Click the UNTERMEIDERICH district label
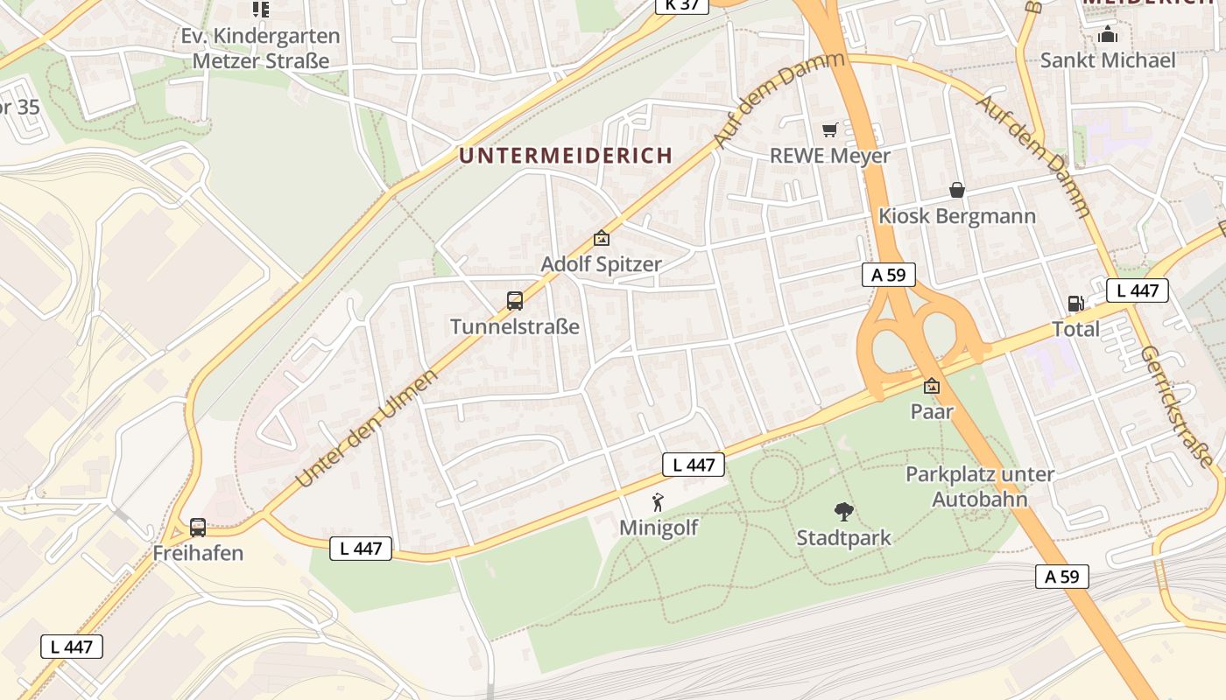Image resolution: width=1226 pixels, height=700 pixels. (x=566, y=156)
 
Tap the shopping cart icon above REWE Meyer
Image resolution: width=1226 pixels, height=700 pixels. (x=830, y=129)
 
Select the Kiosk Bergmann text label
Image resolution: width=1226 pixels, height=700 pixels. (x=957, y=216)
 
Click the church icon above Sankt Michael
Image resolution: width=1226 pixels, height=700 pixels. (x=1108, y=35)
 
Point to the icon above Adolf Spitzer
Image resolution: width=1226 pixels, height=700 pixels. (x=602, y=238)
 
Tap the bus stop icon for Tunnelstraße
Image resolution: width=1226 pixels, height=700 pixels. (x=515, y=301)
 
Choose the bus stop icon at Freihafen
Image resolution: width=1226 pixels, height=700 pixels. (x=198, y=528)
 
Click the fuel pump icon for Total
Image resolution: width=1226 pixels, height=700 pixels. (x=1075, y=304)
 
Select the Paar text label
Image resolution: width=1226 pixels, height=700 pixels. (x=932, y=411)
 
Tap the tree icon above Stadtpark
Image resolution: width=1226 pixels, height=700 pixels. (x=843, y=512)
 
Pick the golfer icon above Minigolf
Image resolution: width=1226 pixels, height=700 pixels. (x=659, y=502)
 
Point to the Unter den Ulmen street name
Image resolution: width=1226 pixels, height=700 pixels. (x=366, y=430)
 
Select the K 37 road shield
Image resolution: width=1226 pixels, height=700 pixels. (x=682, y=5)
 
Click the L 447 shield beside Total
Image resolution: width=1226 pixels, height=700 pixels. (x=1138, y=290)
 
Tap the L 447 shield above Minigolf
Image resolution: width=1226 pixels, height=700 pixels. (x=694, y=465)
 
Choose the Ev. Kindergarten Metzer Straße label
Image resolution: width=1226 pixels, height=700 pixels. (x=261, y=49)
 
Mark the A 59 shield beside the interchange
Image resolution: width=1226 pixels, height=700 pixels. (x=888, y=275)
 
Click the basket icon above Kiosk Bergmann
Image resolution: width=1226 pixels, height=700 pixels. (x=957, y=190)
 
